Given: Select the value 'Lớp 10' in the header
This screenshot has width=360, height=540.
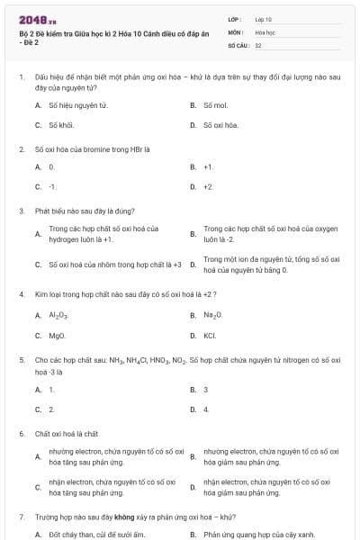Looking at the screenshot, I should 265,18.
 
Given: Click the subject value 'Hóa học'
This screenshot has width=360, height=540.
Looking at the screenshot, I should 265,31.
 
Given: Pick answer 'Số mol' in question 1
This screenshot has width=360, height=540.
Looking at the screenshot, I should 215,105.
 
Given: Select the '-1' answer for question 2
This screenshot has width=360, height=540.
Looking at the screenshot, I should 52,186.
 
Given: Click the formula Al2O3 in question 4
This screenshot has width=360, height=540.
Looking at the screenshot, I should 58,315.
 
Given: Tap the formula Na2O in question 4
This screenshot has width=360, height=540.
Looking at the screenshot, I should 212,315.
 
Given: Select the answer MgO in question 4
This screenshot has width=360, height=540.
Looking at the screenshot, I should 57,335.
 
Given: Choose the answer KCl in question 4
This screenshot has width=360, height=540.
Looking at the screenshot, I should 210,335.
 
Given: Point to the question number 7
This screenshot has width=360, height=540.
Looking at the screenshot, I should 21,517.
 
